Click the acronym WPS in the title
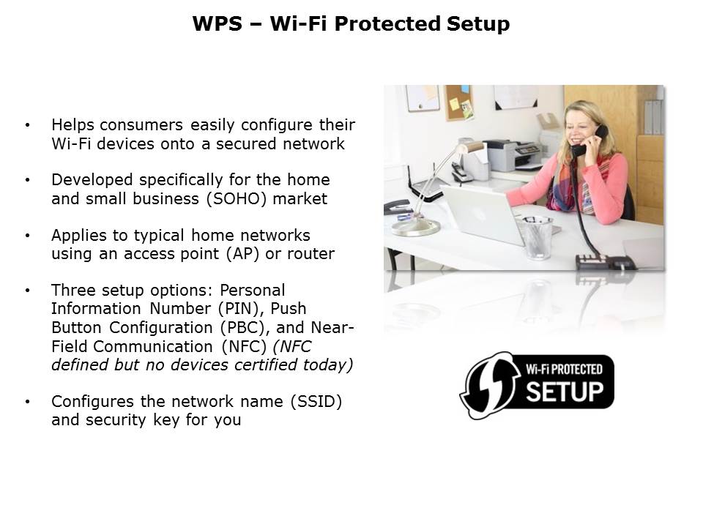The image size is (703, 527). coord(217,23)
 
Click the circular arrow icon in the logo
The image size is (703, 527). coord(488,385)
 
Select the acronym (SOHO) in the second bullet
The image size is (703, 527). coord(237,198)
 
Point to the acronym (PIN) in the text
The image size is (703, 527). coord(241,309)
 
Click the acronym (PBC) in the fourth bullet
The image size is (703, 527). coord(245,328)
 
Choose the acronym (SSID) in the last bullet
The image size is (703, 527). coord(316,402)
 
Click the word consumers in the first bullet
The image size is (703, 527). coord(141,124)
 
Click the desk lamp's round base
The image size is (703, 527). coord(416,228)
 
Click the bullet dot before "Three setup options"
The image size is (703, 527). coord(28,291)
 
